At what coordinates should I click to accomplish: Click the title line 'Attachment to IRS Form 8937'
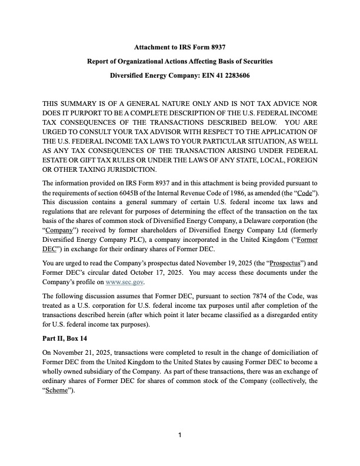[x=180, y=47]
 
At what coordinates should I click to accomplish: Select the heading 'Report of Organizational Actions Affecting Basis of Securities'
[x=180, y=61]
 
